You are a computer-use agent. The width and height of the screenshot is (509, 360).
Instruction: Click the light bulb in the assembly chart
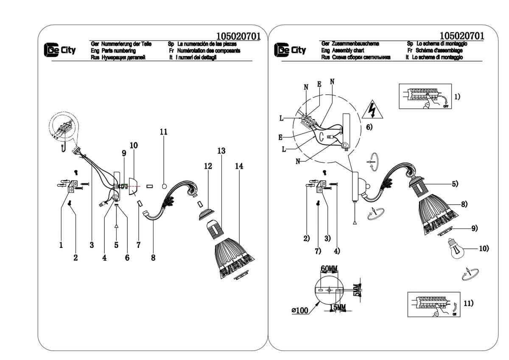point(456,249)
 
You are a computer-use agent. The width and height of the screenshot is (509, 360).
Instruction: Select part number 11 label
point(163,132)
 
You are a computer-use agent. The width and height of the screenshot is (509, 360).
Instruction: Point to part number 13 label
point(221,150)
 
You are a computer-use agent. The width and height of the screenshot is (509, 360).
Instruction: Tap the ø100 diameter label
point(299,311)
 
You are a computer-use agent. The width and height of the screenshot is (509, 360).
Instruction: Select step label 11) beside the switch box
point(468,303)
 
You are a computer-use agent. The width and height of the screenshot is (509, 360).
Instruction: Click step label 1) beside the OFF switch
point(457,96)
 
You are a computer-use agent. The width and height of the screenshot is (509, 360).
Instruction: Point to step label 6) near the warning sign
point(369,127)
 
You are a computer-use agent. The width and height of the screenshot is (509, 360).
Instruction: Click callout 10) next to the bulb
point(484,248)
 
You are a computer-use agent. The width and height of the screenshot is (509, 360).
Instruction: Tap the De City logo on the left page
point(60,50)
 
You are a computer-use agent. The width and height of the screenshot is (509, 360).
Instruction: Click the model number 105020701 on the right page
point(462,36)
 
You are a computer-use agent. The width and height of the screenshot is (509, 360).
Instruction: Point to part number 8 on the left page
point(153,257)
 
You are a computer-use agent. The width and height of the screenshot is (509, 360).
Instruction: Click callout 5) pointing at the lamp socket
point(455,184)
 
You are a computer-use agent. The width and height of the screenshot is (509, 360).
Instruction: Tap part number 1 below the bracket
point(61,245)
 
